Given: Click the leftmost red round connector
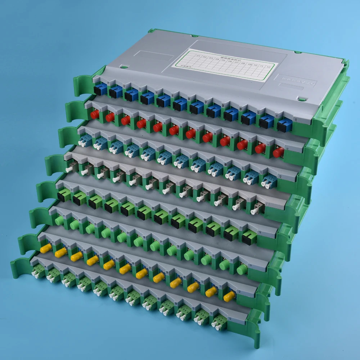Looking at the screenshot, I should pos(95,114).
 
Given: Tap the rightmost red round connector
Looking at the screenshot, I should pos(278,152).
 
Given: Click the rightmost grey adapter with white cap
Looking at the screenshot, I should pos(258,208).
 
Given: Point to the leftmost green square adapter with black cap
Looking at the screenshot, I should pos(63,195).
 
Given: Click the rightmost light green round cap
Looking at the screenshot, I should pos(242,269).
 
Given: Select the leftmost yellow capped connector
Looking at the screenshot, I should pos(46,248).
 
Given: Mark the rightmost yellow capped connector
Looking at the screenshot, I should pos(229,297).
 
